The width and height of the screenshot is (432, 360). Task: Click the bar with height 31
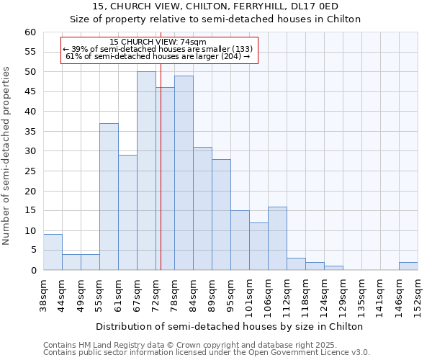[202, 209]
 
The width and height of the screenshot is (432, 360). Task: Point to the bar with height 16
[277, 238]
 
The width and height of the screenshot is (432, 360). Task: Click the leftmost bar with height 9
[53, 252]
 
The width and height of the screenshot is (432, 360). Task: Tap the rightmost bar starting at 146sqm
[408, 266]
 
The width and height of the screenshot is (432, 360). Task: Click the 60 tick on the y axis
[30, 32]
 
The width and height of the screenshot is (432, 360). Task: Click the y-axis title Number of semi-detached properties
[7, 156]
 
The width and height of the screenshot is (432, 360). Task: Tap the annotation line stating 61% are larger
[158, 56]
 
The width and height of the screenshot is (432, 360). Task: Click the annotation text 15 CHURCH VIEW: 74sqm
[158, 42]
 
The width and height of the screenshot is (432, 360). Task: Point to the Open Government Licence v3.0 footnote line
[206, 353]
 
